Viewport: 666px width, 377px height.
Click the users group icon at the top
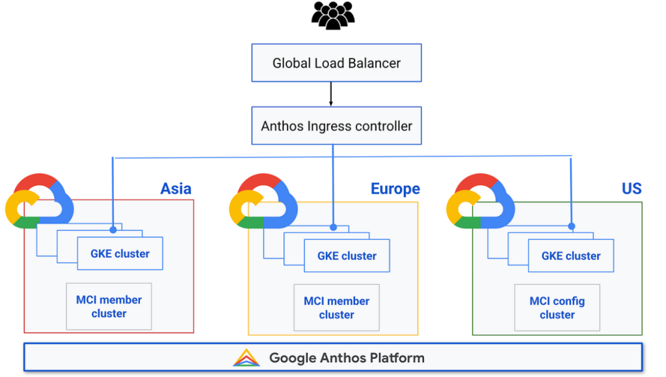[x=332, y=16]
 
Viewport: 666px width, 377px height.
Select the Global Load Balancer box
[x=336, y=63]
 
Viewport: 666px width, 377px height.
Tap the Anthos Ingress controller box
[x=336, y=125]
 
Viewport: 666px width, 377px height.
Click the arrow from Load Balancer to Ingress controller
[x=331, y=94]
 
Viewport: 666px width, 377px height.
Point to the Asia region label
[x=176, y=188]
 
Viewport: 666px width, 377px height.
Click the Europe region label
[x=395, y=188]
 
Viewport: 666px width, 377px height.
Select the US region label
[x=631, y=188]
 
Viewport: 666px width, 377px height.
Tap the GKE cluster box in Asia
[x=120, y=253]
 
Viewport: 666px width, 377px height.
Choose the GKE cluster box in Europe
[x=347, y=256]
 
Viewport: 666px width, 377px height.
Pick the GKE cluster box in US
[x=570, y=256]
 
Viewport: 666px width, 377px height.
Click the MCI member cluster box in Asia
[x=109, y=306]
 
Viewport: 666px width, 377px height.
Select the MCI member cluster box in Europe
[x=336, y=307]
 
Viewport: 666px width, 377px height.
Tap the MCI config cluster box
[x=557, y=307]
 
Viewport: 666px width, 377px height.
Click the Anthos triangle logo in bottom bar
[x=246, y=357]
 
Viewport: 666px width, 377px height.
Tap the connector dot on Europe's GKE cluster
[x=333, y=227]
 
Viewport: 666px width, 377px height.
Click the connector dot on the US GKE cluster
[x=572, y=227]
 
